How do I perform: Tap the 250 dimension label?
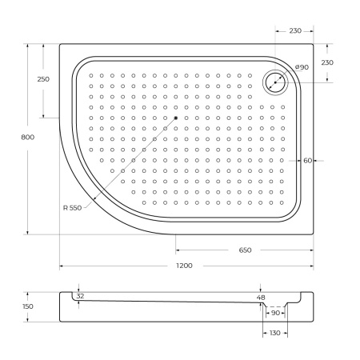pos(43,79)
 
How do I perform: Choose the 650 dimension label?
pos(245,250)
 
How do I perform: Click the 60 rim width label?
pos(307,160)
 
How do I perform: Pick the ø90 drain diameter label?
pos(302,67)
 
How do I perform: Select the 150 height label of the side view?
pos(28,306)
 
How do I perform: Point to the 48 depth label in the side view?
pos(261,297)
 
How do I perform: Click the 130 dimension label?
pos(274,333)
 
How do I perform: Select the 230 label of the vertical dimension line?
pos(327,62)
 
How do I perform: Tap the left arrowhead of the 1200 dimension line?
pos(62,266)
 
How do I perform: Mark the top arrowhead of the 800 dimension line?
pos(28,46)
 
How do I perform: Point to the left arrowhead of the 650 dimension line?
pos(178,250)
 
